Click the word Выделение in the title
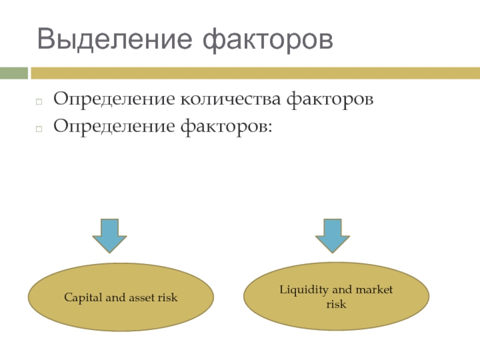115,39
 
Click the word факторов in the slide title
268,41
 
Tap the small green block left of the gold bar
14,73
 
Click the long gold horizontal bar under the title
256,73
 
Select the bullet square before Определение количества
39,101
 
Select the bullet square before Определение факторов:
39,129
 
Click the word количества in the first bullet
230,99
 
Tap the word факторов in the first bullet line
330,100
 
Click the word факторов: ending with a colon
226,127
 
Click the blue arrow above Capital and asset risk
110,236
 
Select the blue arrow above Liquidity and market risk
332,236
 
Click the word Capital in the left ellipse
83,298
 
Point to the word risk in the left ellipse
168,297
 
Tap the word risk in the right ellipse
336,304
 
